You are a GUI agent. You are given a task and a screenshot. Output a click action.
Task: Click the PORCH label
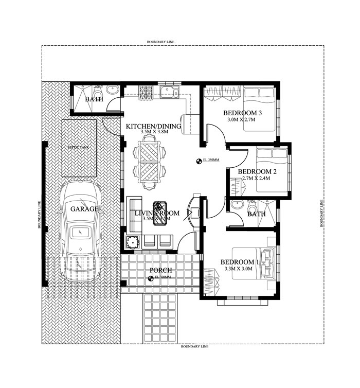[x=160, y=270]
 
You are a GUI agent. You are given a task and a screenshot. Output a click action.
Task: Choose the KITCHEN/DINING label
[x=153, y=126]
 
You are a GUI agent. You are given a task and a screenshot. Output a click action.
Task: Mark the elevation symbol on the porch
[x=151, y=278]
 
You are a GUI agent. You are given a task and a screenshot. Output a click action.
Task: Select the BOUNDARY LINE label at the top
[x=161, y=41]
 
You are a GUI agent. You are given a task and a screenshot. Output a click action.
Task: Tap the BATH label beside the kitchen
[x=94, y=99]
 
